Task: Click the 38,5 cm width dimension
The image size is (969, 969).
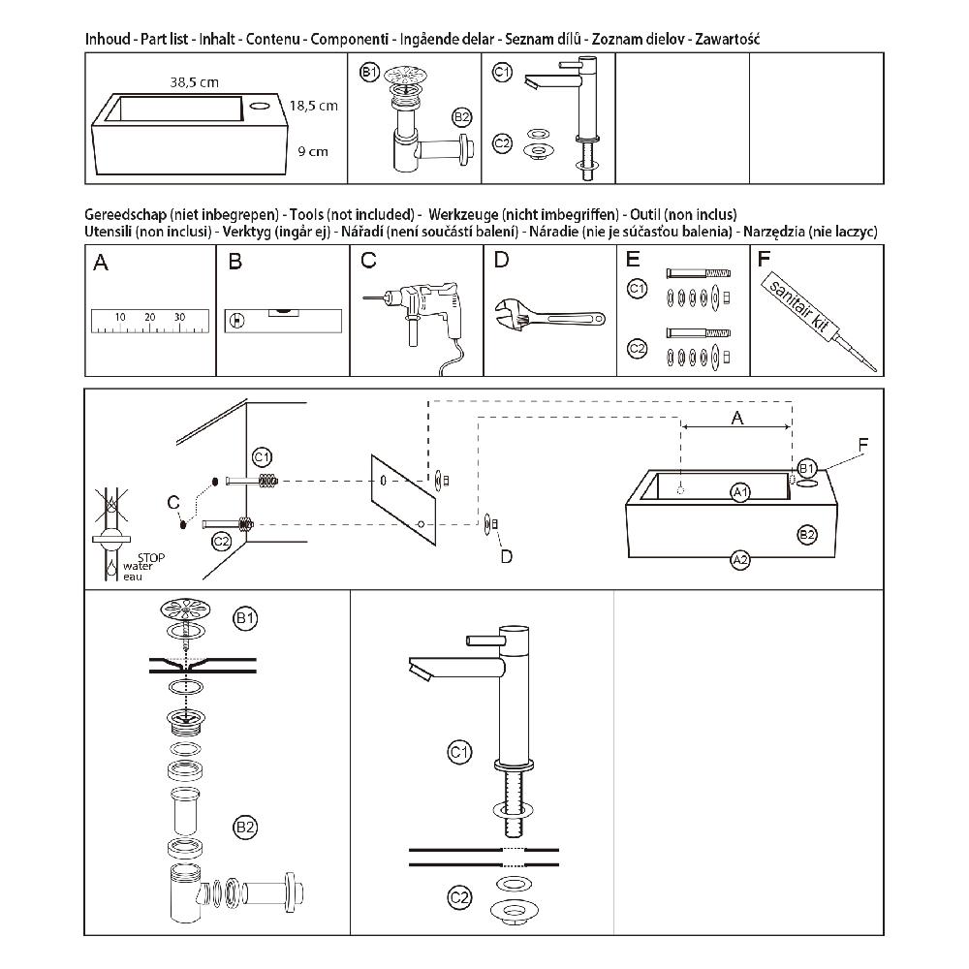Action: point(192,83)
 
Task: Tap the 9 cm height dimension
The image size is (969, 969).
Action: point(313,151)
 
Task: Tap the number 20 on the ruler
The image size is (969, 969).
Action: point(150,317)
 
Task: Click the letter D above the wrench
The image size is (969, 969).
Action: point(500,260)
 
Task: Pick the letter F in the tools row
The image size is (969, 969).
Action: point(764,260)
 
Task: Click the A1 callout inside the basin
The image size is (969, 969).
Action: point(741,491)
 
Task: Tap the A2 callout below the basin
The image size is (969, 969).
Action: point(740,559)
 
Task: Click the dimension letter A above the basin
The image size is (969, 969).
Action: point(736,418)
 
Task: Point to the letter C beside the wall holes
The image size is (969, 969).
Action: point(172,501)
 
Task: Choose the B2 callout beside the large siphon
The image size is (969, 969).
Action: point(245,827)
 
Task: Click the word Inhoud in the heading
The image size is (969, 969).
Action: point(109,40)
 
